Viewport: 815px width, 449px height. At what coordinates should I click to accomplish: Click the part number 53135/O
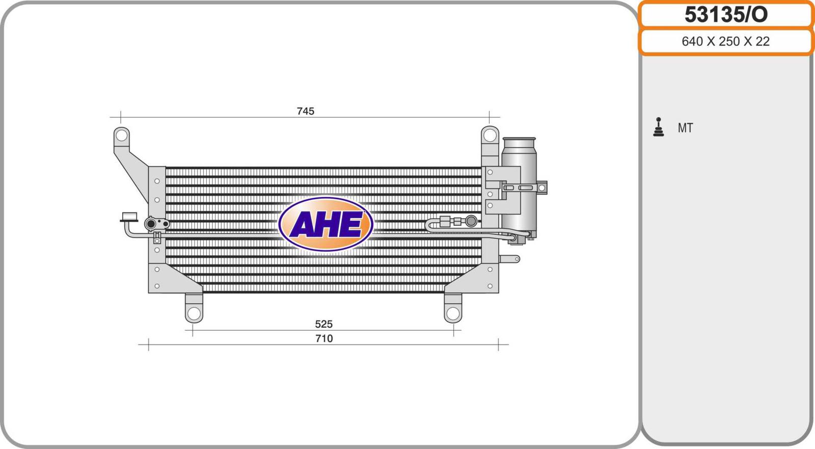click(726, 15)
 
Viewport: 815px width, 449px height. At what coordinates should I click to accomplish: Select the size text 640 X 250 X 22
click(725, 41)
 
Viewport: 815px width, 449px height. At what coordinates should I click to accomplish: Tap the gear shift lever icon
click(658, 127)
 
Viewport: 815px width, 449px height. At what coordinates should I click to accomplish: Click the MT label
click(685, 128)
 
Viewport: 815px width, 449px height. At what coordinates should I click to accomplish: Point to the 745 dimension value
click(305, 111)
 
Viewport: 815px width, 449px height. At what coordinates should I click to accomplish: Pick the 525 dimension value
click(323, 324)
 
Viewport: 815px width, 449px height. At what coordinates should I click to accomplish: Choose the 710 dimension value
click(324, 339)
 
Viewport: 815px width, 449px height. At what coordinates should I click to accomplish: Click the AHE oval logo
click(325, 224)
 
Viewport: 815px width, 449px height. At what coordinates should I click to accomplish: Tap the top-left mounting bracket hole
click(121, 136)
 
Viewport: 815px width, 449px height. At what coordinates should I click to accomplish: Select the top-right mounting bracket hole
click(490, 135)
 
